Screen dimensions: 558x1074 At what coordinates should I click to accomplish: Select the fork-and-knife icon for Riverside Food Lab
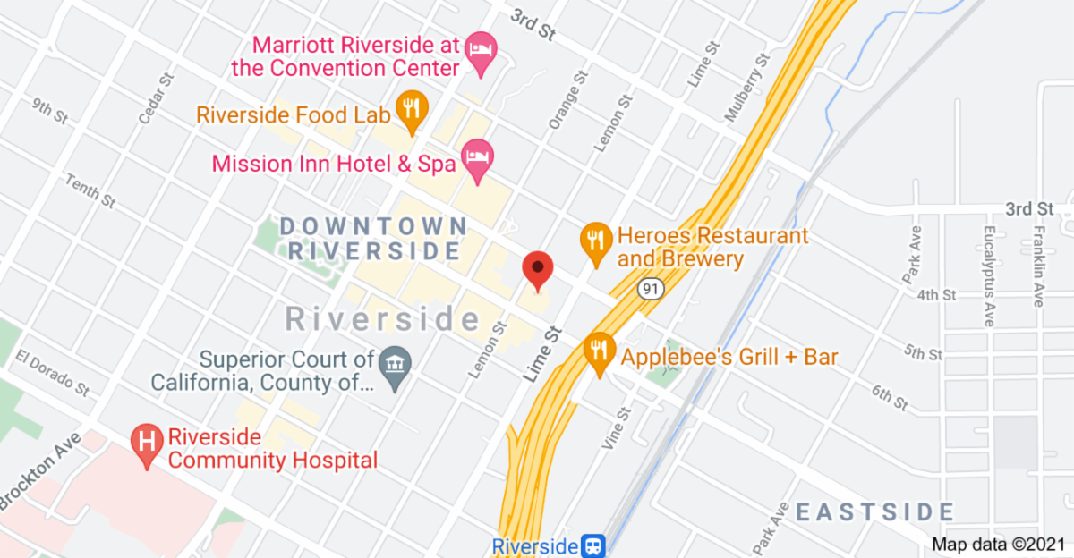(411, 111)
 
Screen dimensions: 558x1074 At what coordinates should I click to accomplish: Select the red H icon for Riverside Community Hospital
(147, 444)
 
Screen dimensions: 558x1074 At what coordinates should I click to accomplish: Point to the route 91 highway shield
(650, 289)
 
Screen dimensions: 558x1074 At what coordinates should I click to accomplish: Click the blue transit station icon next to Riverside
(592, 545)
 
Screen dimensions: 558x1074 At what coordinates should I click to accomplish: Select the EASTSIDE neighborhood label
(875, 512)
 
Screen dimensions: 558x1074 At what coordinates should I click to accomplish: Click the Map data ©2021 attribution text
(999, 543)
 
